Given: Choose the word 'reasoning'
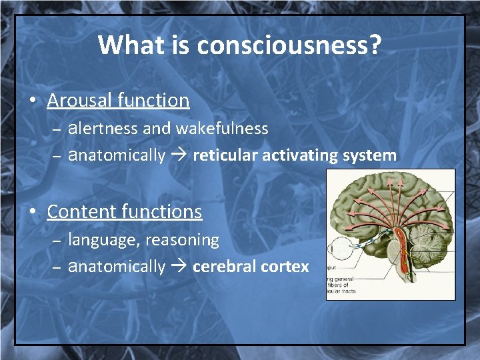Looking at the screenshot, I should (182, 239).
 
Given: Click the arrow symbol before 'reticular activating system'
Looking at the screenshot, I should (179, 156).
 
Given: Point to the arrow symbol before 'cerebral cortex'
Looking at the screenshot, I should (179, 267).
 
